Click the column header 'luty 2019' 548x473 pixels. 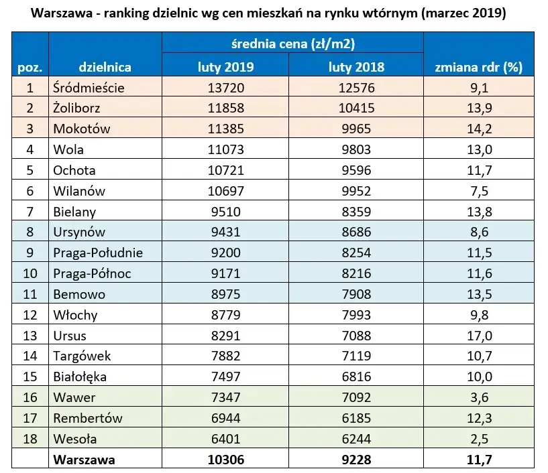225,67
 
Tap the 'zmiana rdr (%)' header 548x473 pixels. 478,67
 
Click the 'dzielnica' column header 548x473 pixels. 105,67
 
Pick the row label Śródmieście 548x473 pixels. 89,87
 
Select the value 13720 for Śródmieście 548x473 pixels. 225,87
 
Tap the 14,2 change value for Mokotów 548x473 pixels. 478,129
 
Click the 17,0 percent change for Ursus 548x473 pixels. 478,336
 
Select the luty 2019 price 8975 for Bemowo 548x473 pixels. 225,294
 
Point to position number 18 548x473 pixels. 30,439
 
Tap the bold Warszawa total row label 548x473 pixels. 84,460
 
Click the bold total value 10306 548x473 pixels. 225,460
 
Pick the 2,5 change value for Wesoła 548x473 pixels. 478,439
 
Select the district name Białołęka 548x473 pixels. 79,377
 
